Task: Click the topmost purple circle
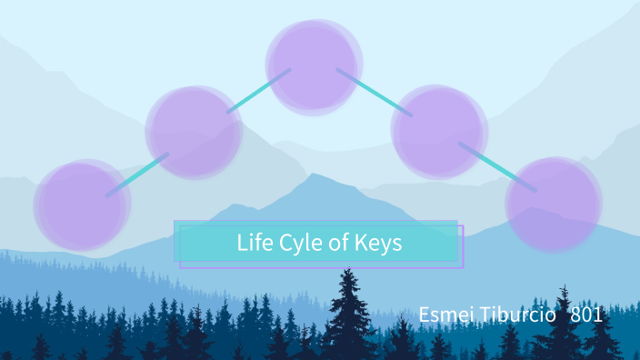(313, 66)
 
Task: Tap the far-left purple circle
(81, 205)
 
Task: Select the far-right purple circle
(554, 204)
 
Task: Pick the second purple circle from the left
(194, 132)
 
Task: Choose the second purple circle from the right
(437, 131)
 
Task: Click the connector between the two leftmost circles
(137, 175)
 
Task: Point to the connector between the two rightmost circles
(497, 166)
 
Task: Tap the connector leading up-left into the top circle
(258, 91)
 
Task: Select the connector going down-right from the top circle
(374, 92)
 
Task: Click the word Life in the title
(254, 244)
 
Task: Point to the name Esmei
(443, 315)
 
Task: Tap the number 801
(586, 315)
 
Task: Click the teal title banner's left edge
(177, 243)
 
